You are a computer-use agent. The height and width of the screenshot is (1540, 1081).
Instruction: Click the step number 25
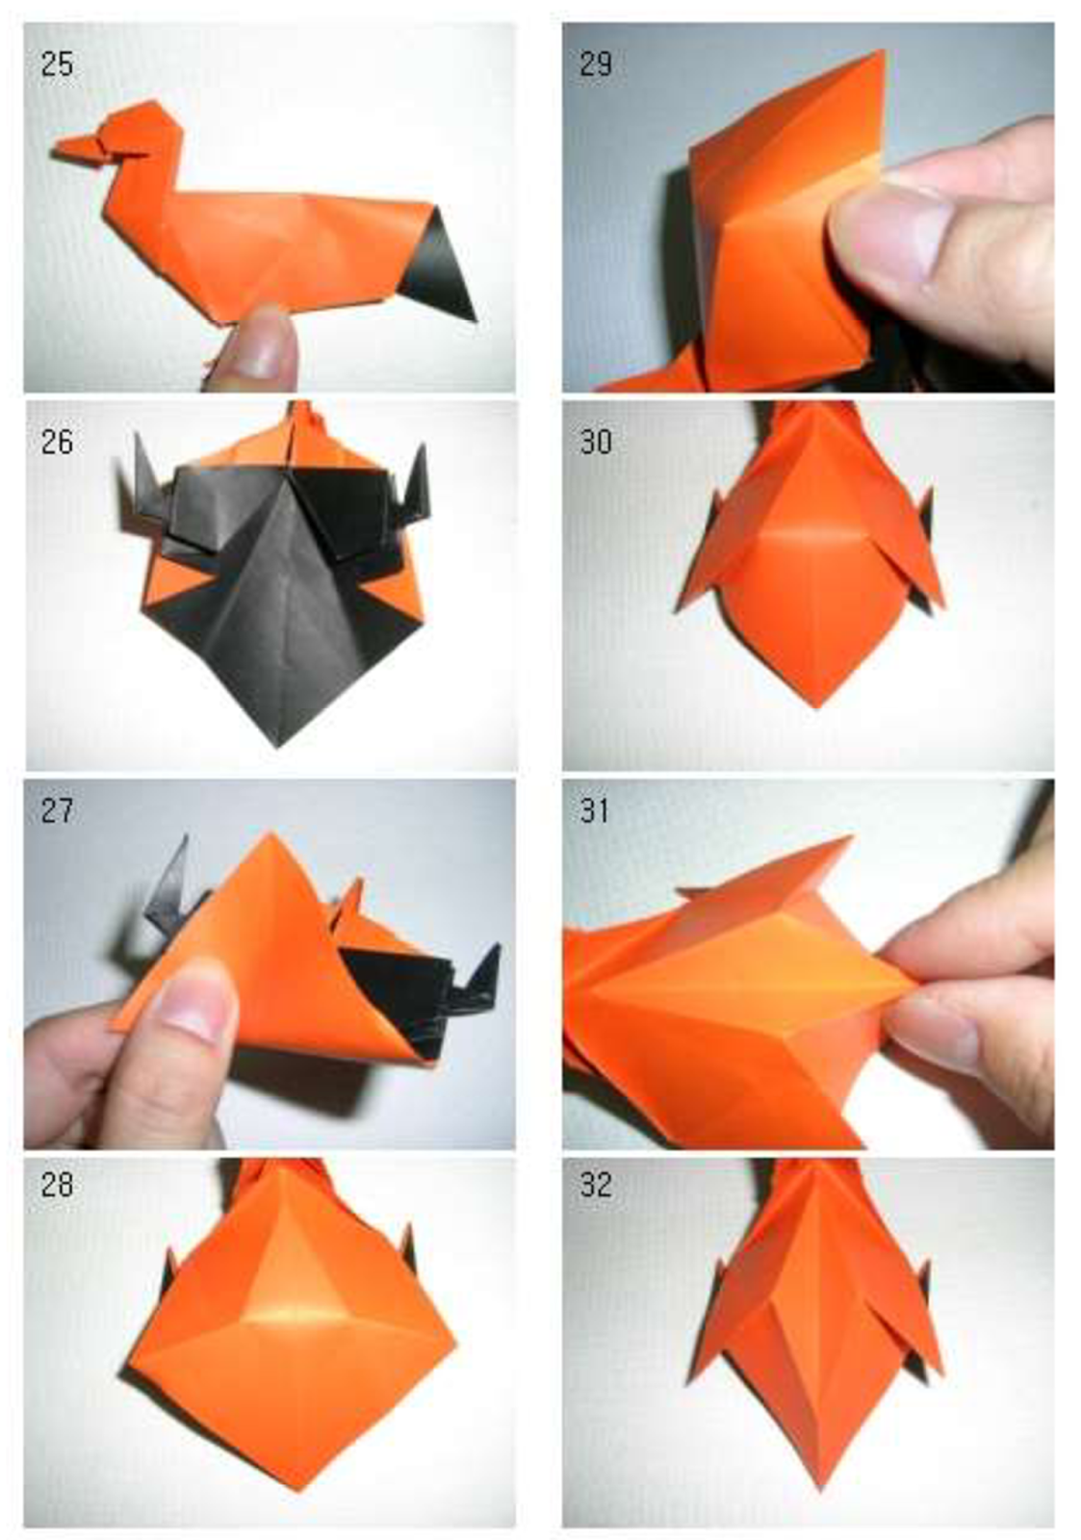tap(57, 64)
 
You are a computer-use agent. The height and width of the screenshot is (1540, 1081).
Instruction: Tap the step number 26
tap(57, 442)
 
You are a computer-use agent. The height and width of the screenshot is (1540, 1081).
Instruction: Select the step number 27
tap(57, 810)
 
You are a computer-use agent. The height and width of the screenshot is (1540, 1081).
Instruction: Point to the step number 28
tap(57, 1183)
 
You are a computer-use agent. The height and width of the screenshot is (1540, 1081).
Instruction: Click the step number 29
tap(596, 64)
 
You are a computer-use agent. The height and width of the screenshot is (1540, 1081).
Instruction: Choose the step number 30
tap(596, 442)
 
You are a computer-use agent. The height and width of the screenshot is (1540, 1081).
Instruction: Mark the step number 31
tap(596, 810)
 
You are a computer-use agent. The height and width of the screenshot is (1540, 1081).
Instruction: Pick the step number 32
tap(596, 1183)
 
